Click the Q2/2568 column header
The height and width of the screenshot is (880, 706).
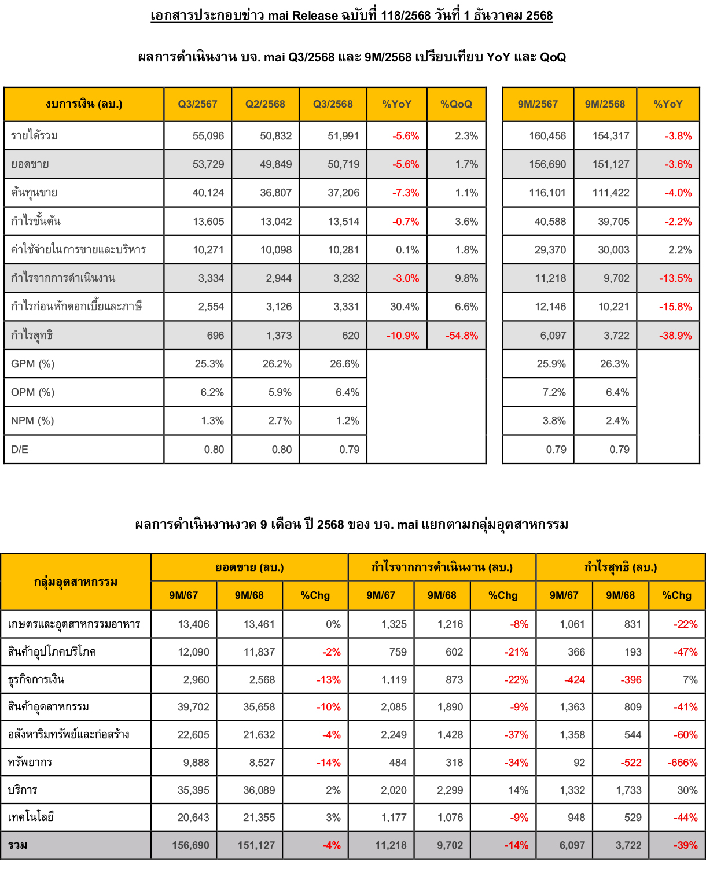click(x=265, y=104)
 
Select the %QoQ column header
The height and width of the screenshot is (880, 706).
click(x=456, y=104)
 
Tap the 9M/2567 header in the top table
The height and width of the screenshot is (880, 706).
click(x=538, y=104)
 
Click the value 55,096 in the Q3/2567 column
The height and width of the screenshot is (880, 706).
click(x=208, y=136)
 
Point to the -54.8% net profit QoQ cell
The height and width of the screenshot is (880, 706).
click(x=462, y=336)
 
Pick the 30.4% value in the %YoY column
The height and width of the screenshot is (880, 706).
click(x=404, y=307)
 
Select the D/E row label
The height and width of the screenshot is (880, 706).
click(x=20, y=450)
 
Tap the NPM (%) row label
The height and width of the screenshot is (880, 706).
click(x=32, y=421)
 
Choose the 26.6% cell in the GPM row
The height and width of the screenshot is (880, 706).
click(x=344, y=364)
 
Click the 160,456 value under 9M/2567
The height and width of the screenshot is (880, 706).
click(x=547, y=136)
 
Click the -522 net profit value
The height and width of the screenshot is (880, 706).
click(x=631, y=763)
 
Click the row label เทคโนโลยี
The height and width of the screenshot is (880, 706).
click(x=31, y=818)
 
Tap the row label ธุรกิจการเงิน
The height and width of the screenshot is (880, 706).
click(x=36, y=680)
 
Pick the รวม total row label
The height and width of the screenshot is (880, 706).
click(x=18, y=845)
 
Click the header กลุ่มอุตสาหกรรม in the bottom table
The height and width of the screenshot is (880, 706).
click(x=76, y=581)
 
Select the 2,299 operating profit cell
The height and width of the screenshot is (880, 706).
click(x=450, y=790)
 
